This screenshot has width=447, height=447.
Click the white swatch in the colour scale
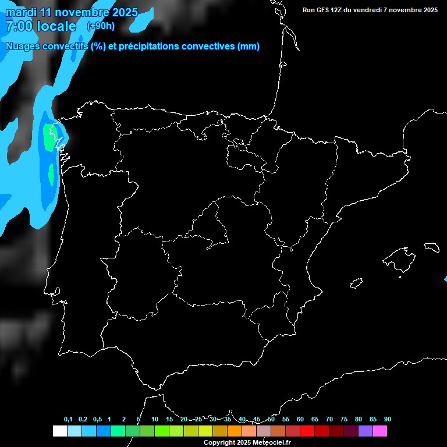tap(59, 431)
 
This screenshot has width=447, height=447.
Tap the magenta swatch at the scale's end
tap(380, 431)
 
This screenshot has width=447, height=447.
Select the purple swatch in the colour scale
tap(366, 431)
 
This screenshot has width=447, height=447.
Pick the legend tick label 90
tap(388, 420)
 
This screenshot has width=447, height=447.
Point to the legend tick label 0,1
tap(68, 420)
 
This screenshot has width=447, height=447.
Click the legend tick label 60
tap(300, 420)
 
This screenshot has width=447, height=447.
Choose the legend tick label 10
tap(155, 420)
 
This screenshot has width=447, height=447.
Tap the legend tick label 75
tap(344, 420)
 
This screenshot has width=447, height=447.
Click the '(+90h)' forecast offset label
tap(101, 26)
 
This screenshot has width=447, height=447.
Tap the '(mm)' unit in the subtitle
tap(249, 47)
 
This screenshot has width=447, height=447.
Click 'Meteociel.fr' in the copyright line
tap(271, 443)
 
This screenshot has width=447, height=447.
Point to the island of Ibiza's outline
tap(356, 283)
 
